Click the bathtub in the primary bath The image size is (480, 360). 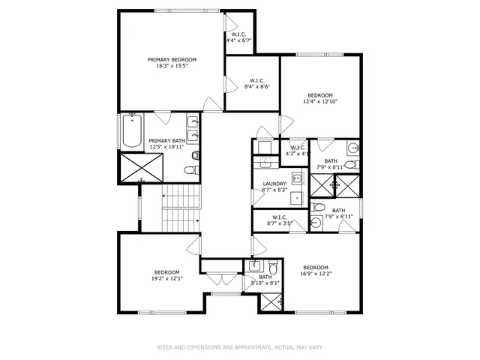coord(132,131)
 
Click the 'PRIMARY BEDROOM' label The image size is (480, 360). coord(172,59)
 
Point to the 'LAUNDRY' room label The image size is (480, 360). coord(274,184)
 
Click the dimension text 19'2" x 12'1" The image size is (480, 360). coord(167,278)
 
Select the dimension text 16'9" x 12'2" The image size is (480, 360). coord(316,274)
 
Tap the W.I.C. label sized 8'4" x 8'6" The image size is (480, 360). coord(257,80)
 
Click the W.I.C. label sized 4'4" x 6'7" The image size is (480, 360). coord(239,34)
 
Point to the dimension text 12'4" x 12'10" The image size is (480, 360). coord(320,101)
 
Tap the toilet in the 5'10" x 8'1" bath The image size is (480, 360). coord(274,267)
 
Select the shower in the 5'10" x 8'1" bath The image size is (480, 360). coord(269,302)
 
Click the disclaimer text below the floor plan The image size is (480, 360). coord(239,347)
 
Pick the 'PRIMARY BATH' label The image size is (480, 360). coord(166,140)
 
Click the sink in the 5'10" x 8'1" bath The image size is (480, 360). coord(255,265)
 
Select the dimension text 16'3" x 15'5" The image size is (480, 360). coord(172,66)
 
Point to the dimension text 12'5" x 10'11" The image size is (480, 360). coord(166,147)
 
